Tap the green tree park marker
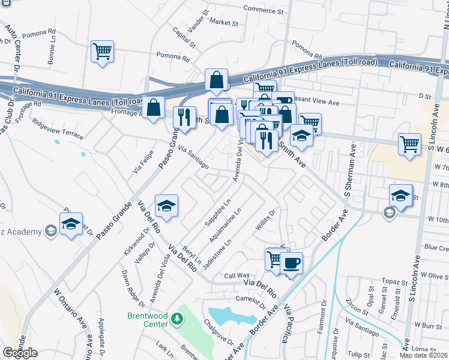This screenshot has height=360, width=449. click(x=176, y=318)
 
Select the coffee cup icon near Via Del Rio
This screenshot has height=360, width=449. click(x=291, y=262)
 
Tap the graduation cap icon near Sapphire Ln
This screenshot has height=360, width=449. click(x=166, y=205)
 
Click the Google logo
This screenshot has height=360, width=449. click(x=20, y=353)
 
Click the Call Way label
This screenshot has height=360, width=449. click(x=237, y=276)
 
